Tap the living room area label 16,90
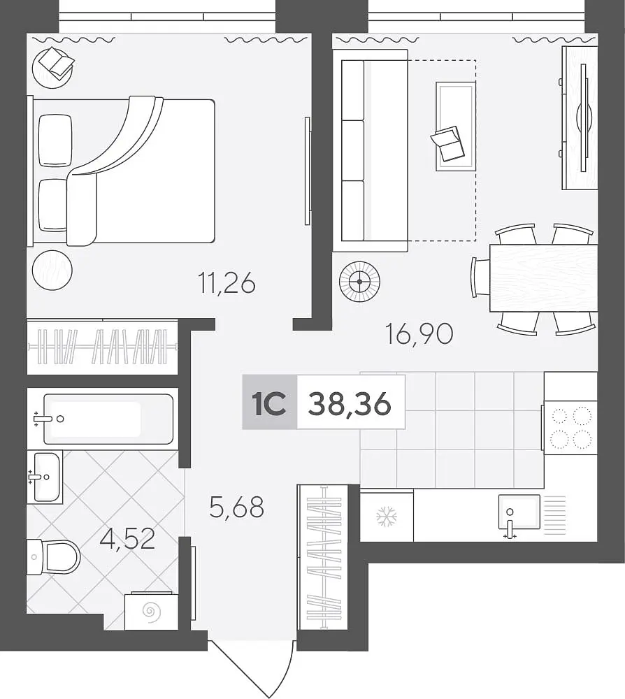pyautogui.click(x=419, y=334)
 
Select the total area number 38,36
pyautogui.click(x=350, y=405)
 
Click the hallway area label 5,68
pyautogui.click(x=237, y=507)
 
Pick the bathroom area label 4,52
pyautogui.click(x=127, y=538)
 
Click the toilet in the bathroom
pyautogui.click(x=54, y=557)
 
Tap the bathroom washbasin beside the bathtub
pyautogui.click(x=45, y=477)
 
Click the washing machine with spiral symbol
pyautogui.click(x=151, y=610)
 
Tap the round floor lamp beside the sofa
pyautogui.click(x=359, y=281)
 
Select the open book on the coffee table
pyautogui.click(x=447, y=143)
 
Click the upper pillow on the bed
pyautogui.click(x=55, y=140)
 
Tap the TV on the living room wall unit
pyautogui.click(x=584, y=118)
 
